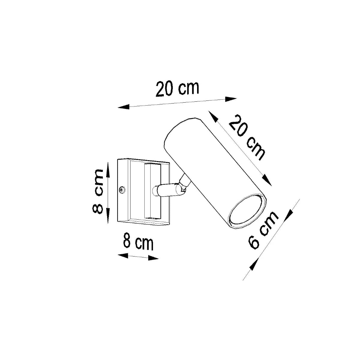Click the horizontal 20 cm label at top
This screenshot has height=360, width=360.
(177, 88)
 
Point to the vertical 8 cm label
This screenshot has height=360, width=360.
(98, 191)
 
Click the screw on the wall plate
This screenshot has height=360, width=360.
(122, 190)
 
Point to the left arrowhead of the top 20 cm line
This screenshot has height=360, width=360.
(123, 106)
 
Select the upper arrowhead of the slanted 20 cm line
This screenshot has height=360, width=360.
(213, 117)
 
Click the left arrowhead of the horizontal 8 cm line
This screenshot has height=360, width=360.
(123, 256)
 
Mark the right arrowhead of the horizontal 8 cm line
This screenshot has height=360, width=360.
(153, 258)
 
